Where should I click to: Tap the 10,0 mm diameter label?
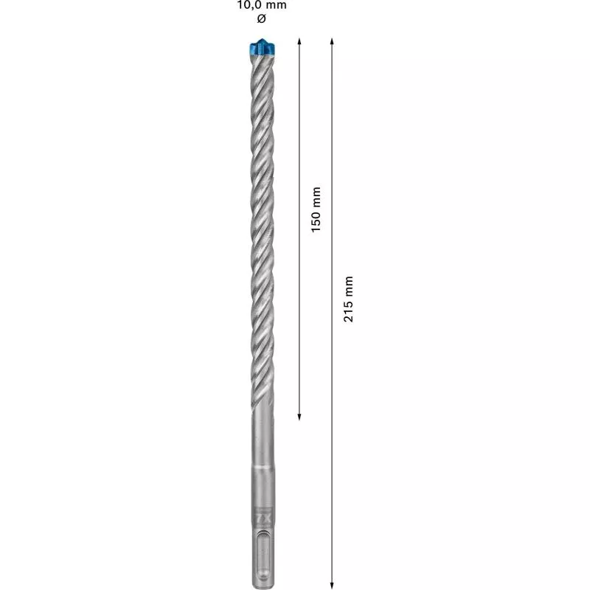point(262,5)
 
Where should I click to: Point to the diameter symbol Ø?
point(261,18)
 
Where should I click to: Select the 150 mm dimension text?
point(316,209)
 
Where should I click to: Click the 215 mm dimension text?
point(349,298)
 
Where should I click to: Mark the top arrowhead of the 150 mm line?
point(299,41)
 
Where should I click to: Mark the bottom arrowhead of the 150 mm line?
point(299,417)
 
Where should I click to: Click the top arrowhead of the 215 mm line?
point(332,41)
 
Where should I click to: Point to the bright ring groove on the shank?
point(260,468)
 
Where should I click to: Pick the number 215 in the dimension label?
point(349,310)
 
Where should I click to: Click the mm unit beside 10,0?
point(277,5)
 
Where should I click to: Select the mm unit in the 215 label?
point(349,285)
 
